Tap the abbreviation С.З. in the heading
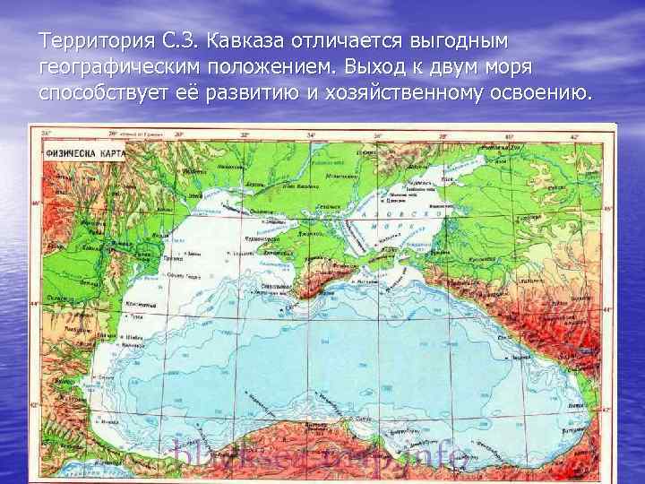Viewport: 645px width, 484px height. pos(175,41)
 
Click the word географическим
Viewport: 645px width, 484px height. pos(119,67)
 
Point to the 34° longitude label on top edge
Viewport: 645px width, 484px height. pos(311,134)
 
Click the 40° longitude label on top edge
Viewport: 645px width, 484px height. pos(509,134)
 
